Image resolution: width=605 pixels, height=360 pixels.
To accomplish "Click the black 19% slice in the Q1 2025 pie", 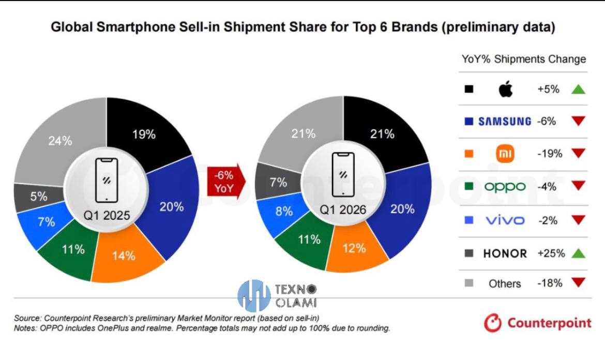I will pos(143,134).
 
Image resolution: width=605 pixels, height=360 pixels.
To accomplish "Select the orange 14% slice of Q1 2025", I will pos(124,256).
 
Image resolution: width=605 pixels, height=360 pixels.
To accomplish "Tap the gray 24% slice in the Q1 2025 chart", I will pos(61,140).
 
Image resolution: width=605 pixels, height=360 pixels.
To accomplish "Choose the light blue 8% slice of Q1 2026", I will pos(284,211).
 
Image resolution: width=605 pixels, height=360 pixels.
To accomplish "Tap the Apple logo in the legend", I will pos(505,89).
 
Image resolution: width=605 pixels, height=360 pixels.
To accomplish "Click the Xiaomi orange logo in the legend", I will pos(505,154).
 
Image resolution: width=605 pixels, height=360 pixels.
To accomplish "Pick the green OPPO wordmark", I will pos(505,187).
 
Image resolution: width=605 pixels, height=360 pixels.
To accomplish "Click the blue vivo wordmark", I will pos(505,220).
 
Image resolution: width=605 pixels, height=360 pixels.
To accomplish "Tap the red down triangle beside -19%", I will pos(578,154).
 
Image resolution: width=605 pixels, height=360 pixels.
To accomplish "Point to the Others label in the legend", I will pos(504,283).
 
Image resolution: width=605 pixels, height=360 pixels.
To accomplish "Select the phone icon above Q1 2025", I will pos(106,180).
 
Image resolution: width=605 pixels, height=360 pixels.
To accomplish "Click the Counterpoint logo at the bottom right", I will pos(538,323).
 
